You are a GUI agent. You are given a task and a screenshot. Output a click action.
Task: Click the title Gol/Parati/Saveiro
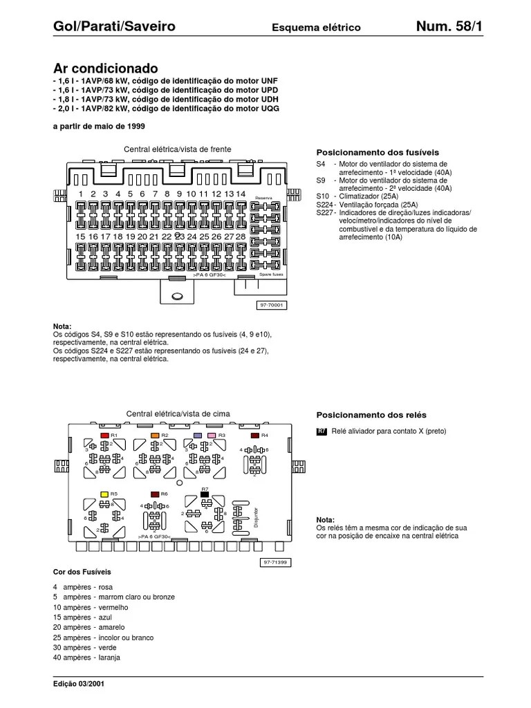[x=114, y=27]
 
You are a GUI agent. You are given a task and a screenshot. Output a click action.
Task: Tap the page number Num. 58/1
[x=449, y=27]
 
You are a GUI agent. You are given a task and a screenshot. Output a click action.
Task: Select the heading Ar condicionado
[x=106, y=68]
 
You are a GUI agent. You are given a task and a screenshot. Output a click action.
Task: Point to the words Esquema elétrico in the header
[x=316, y=28]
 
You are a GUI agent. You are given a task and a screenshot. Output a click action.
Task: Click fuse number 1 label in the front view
[x=81, y=194]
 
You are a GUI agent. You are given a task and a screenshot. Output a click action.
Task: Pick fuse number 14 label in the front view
[x=241, y=194]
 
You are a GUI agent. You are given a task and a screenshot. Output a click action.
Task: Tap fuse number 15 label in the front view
[x=81, y=236]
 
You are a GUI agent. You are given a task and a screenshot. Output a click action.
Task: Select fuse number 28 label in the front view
[x=241, y=236]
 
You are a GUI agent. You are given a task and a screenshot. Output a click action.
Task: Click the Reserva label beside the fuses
[x=264, y=198]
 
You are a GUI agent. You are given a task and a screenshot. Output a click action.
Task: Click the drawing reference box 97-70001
[x=272, y=304]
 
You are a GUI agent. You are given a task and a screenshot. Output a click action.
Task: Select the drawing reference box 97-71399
[x=274, y=563]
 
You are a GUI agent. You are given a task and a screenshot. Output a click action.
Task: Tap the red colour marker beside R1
[x=104, y=436]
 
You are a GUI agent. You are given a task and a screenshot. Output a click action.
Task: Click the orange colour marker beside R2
[x=155, y=436]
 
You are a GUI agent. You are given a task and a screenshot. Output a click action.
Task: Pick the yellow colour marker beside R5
[x=104, y=494]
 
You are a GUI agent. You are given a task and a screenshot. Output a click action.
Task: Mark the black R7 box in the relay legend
[x=322, y=431]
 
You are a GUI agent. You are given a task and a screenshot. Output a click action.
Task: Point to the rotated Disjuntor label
[x=256, y=515]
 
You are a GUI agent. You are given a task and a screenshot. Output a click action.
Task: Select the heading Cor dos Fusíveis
[x=82, y=572]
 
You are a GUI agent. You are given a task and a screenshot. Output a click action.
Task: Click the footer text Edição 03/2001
[x=80, y=684]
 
